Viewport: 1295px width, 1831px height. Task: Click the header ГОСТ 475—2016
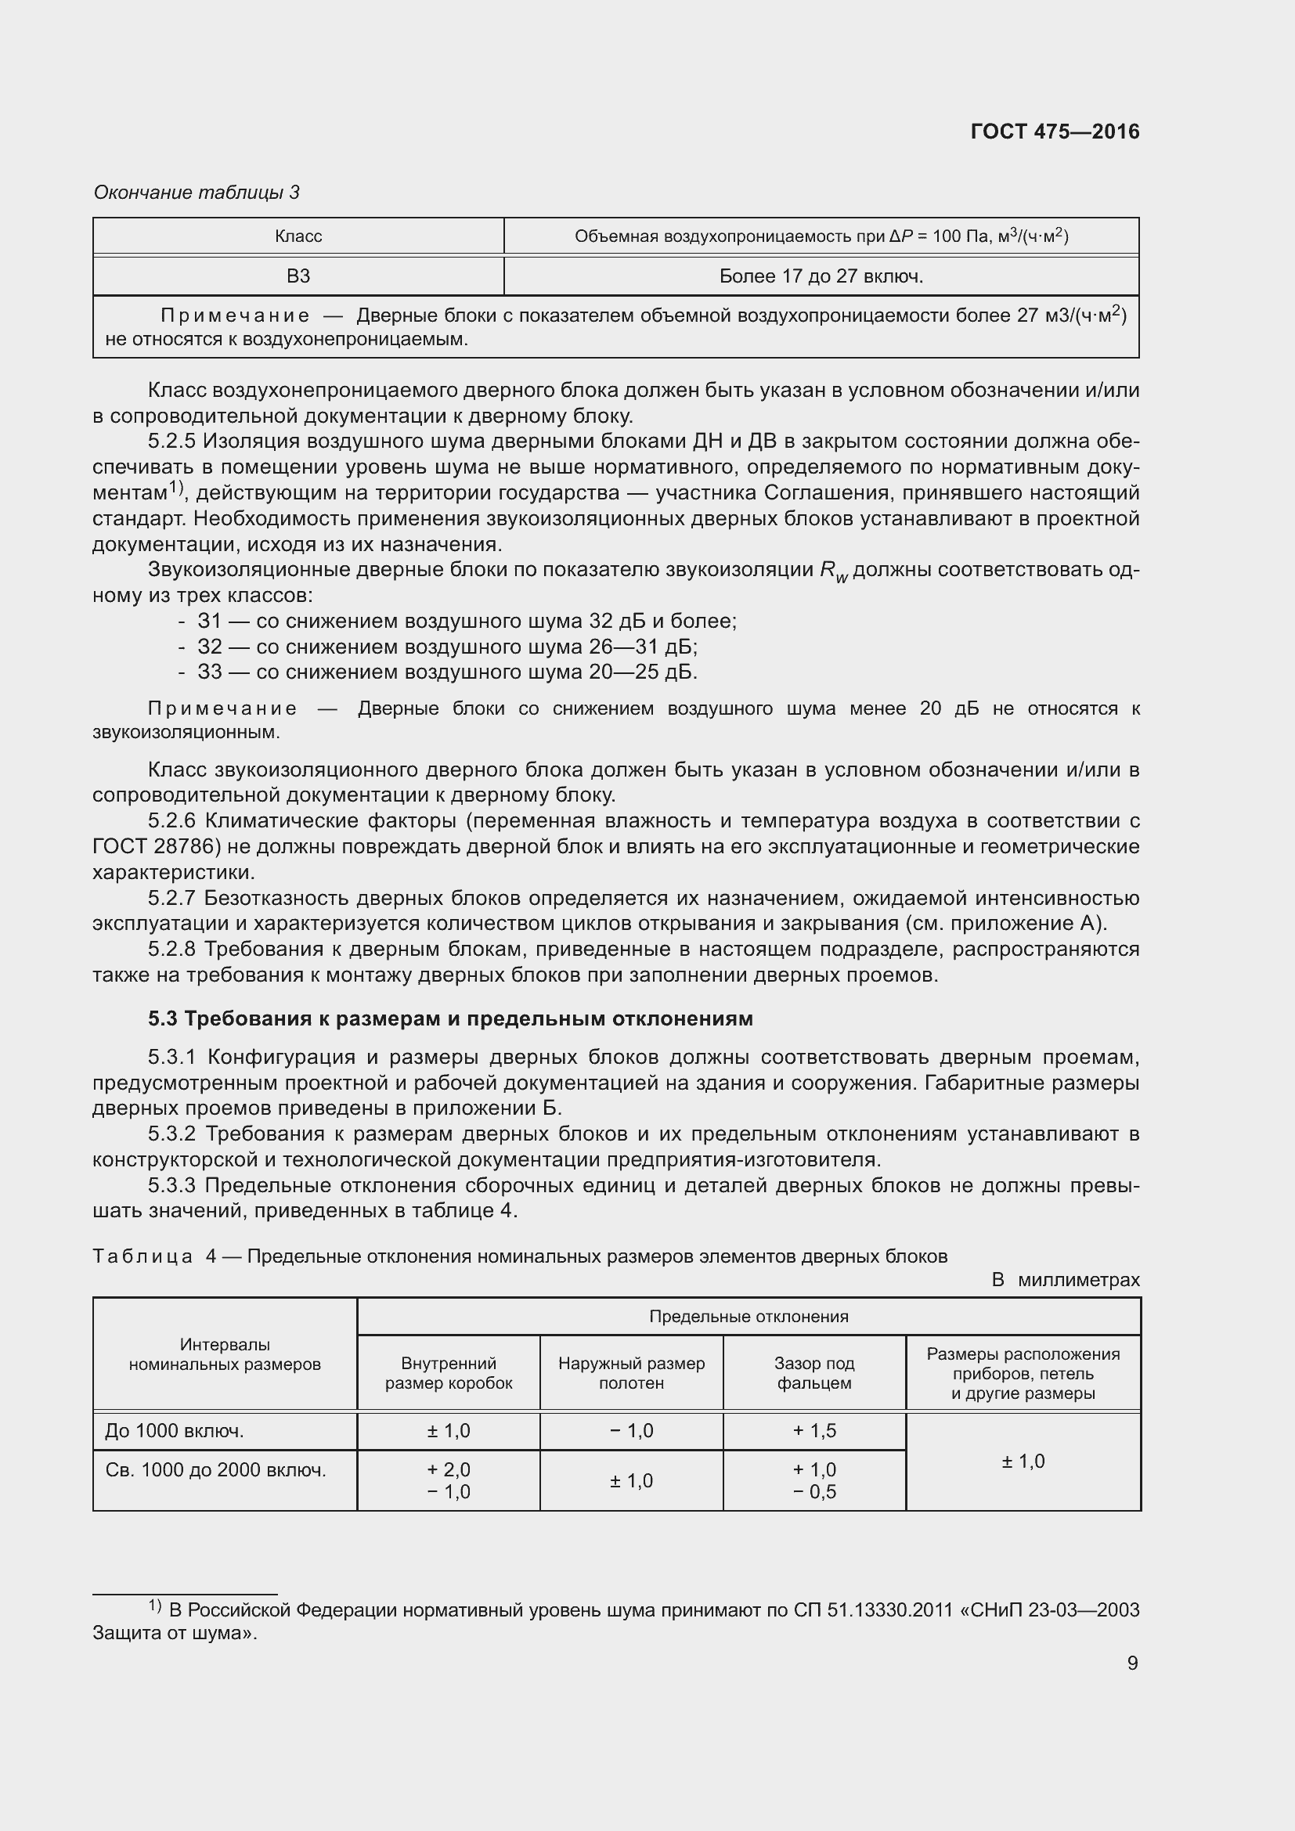pyautogui.click(x=1054, y=132)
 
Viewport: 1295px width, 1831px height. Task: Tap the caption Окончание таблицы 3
pyautogui.click(x=197, y=193)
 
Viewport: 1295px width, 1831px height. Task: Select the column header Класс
pyautogui.click(x=298, y=236)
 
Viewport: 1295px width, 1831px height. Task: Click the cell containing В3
pyautogui.click(x=298, y=276)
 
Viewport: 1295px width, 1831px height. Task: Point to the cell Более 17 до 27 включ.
pyautogui.click(x=821, y=276)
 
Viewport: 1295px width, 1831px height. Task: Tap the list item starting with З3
pyautogui.click(x=446, y=672)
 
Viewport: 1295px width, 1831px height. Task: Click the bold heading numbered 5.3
pyautogui.click(x=449, y=1019)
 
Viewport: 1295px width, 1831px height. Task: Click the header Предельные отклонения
pyautogui.click(x=748, y=1317)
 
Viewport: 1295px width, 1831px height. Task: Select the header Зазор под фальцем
pyautogui.click(x=813, y=1373)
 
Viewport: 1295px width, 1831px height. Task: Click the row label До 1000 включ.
pyautogui.click(x=175, y=1432)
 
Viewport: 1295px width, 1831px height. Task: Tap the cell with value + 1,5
pyautogui.click(x=813, y=1432)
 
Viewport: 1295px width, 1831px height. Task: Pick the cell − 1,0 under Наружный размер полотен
pyautogui.click(x=631, y=1432)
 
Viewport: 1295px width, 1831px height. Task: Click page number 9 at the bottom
pyautogui.click(x=1131, y=1663)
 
